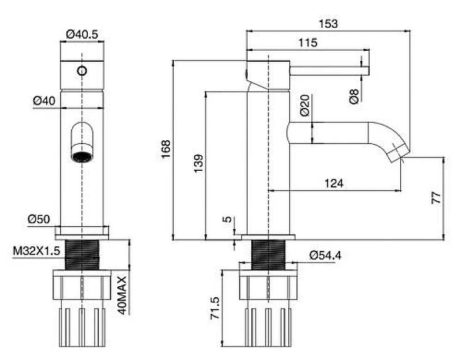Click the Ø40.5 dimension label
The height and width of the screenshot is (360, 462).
pos(82,35)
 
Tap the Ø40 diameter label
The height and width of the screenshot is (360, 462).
pos(44,101)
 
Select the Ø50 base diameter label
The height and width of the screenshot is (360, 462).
pos(39,219)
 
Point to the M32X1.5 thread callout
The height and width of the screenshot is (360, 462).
pos(36,251)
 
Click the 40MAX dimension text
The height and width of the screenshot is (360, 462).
pos(122,295)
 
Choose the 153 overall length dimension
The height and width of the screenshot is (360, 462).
pos(328,24)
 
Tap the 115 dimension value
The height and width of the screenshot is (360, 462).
pos(308,43)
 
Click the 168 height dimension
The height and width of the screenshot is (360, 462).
pos(166,149)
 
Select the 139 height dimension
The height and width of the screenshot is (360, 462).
pos(199,163)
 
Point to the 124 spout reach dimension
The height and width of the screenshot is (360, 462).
pos(334,183)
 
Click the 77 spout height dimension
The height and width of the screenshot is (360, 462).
pos(436,197)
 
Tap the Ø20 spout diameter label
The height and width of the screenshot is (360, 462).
pos(305,105)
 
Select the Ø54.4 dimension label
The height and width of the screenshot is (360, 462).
pos(326,255)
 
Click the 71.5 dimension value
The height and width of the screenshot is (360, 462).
pos(215,308)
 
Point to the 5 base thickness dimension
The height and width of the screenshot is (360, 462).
pos(228,219)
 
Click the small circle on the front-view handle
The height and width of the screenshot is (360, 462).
pos(82,71)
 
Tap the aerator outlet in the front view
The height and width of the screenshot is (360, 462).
pos(82,156)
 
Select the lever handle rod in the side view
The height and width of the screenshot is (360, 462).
pos(329,71)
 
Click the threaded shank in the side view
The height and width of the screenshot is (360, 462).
pos(268,255)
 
